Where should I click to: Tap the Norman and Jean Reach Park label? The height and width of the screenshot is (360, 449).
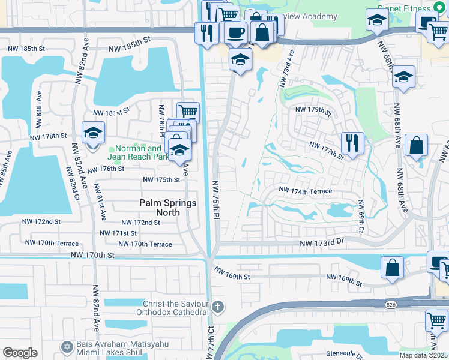[x=137, y=152]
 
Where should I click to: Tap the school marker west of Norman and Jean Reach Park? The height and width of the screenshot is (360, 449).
[x=93, y=133]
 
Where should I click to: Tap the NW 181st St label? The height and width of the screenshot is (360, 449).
[x=111, y=112]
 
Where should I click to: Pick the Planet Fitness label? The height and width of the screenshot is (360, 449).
[x=405, y=8]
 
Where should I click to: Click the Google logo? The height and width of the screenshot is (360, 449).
[x=20, y=353]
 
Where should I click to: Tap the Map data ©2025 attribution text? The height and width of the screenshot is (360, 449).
[x=424, y=355]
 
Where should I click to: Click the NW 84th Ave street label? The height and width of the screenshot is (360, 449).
[x=39, y=106]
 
